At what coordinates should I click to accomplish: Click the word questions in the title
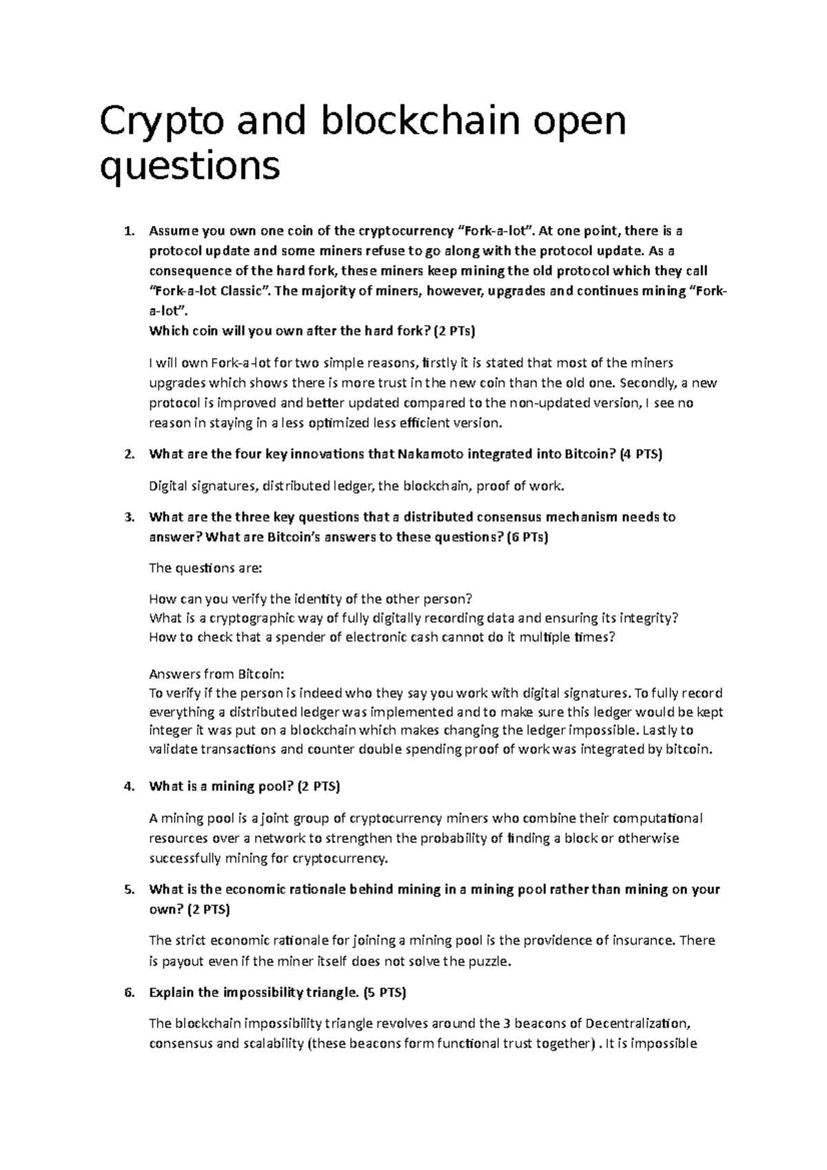(190, 166)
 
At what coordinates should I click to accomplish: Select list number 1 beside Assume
(127, 232)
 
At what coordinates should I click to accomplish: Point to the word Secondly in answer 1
(649, 383)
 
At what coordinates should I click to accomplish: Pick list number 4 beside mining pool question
(127, 787)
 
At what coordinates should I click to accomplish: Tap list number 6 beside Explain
(127, 994)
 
